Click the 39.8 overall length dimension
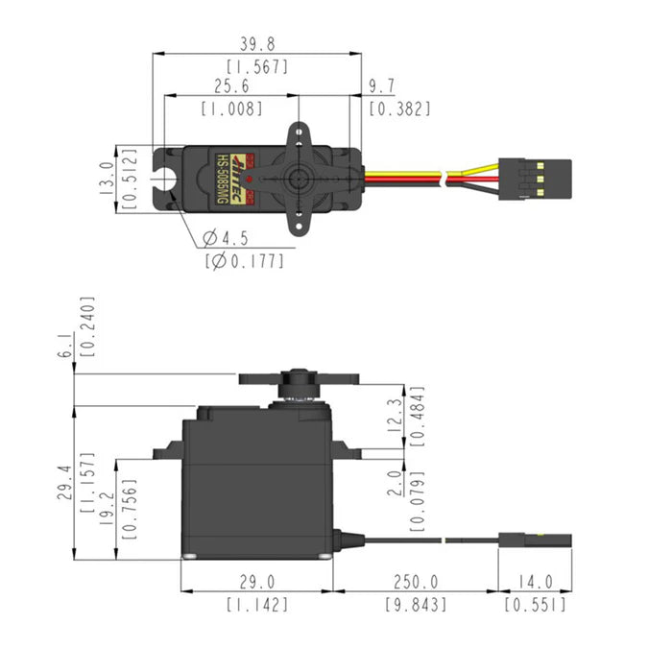click(257, 45)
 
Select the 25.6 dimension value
click(230, 87)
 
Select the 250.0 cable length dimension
click(416, 583)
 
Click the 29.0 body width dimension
click(257, 583)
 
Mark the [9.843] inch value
click(416, 605)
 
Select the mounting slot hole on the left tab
click(169, 178)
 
